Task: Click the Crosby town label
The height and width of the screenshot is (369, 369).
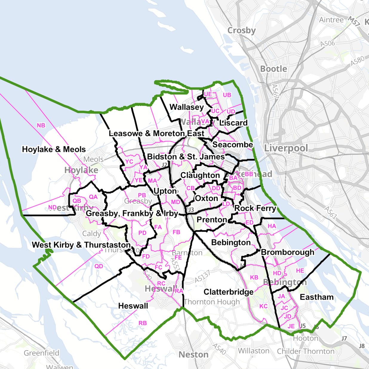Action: pyautogui.click(x=242, y=30)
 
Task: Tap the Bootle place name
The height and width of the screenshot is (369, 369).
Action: pyautogui.click(x=273, y=69)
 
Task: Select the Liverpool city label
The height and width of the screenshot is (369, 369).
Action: pyautogui.click(x=286, y=148)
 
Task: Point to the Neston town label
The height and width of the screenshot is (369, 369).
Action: pyautogui.click(x=193, y=355)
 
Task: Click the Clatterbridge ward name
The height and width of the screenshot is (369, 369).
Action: pyautogui.click(x=228, y=292)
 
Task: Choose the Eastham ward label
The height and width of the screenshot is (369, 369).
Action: pyautogui.click(x=317, y=297)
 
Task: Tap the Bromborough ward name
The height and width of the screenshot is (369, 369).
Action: pyautogui.click(x=287, y=252)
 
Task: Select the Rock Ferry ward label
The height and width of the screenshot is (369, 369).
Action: pyautogui.click(x=255, y=208)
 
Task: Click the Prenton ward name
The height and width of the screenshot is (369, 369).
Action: pyautogui.click(x=212, y=220)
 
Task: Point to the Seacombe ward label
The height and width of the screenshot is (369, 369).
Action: pyautogui.click(x=233, y=145)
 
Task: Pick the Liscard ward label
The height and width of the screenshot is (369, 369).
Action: pyautogui.click(x=233, y=123)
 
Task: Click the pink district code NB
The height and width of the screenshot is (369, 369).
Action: pyautogui.click(x=41, y=125)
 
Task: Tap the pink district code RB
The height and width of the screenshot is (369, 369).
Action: pyautogui.click(x=143, y=323)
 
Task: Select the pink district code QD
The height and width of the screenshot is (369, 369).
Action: pyautogui.click(x=99, y=266)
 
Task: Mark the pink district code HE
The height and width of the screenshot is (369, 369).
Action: pyautogui.click(x=300, y=270)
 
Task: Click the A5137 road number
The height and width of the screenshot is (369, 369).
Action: pyautogui.click(x=203, y=276)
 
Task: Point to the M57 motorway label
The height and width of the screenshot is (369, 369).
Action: pyautogui.click(x=354, y=21)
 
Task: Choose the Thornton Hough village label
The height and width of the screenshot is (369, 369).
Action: pyautogui.click(x=212, y=302)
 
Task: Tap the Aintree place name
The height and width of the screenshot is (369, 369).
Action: pyautogui.click(x=331, y=20)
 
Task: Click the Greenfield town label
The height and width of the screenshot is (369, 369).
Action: pyautogui.click(x=41, y=353)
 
